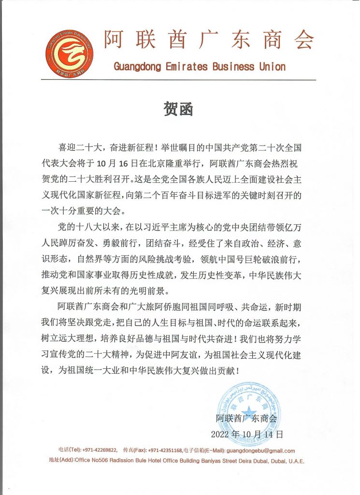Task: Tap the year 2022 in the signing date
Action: coord(223,434)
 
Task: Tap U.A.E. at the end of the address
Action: coord(295,461)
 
